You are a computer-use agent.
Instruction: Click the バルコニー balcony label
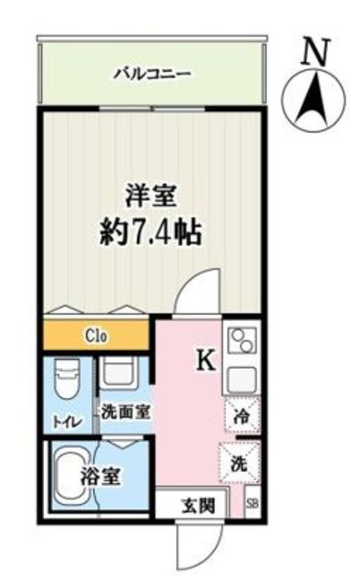pyautogui.click(x=152, y=73)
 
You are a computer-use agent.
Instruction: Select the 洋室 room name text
pyautogui.click(x=151, y=197)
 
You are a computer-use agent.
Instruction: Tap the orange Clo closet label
pyautogui.click(x=98, y=336)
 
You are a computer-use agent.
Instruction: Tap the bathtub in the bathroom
pyautogui.click(x=74, y=475)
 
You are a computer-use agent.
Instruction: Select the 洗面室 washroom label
pyautogui.click(x=124, y=412)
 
